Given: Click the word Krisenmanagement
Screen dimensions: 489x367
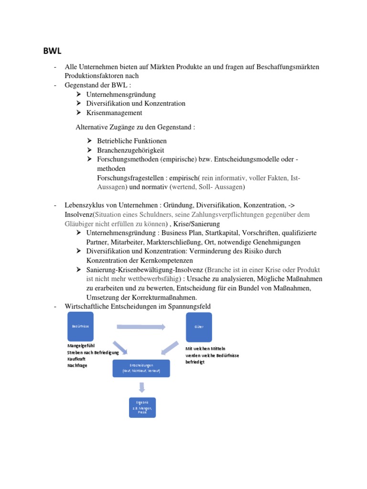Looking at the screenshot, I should tap(114, 113).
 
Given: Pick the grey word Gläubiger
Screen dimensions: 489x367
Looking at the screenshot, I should tap(79, 223).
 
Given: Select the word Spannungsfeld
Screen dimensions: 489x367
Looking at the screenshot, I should tap(188, 306).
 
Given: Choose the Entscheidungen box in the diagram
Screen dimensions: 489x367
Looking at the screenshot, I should tap(141, 368).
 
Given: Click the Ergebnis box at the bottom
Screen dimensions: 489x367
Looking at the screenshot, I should tap(142, 407).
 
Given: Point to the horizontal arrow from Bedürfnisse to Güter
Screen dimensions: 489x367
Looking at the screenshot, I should tap(141, 327).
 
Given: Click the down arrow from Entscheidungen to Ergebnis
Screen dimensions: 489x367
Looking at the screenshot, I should tap(141, 387).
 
